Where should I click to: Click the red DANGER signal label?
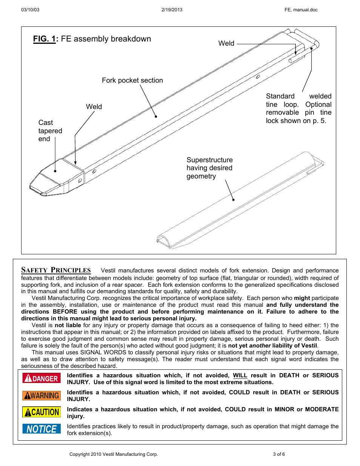click(x=42, y=378)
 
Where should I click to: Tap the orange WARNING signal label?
click(x=42, y=395)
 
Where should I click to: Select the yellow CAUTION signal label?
click(x=42, y=412)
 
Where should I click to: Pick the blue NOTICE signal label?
click(x=42, y=429)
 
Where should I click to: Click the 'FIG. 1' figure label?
click(x=45, y=39)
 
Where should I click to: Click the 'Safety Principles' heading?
click(x=56, y=270)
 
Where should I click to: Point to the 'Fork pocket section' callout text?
click(x=132, y=80)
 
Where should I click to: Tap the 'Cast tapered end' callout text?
click(x=50, y=131)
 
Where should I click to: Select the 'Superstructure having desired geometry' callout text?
click(x=209, y=168)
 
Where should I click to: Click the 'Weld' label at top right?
click(x=226, y=43)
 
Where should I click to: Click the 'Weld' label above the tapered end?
click(x=94, y=107)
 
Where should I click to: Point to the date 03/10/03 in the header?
click(x=30, y=10)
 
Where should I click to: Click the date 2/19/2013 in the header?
click(x=172, y=10)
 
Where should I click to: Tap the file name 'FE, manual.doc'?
click(x=301, y=10)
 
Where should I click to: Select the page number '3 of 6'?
click(x=278, y=454)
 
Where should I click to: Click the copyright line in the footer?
click(x=113, y=454)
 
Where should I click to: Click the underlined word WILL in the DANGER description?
click(x=240, y=375)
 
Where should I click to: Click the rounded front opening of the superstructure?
click(x=163, y=241)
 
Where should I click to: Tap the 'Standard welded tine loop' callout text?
click(x=298, y=108)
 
